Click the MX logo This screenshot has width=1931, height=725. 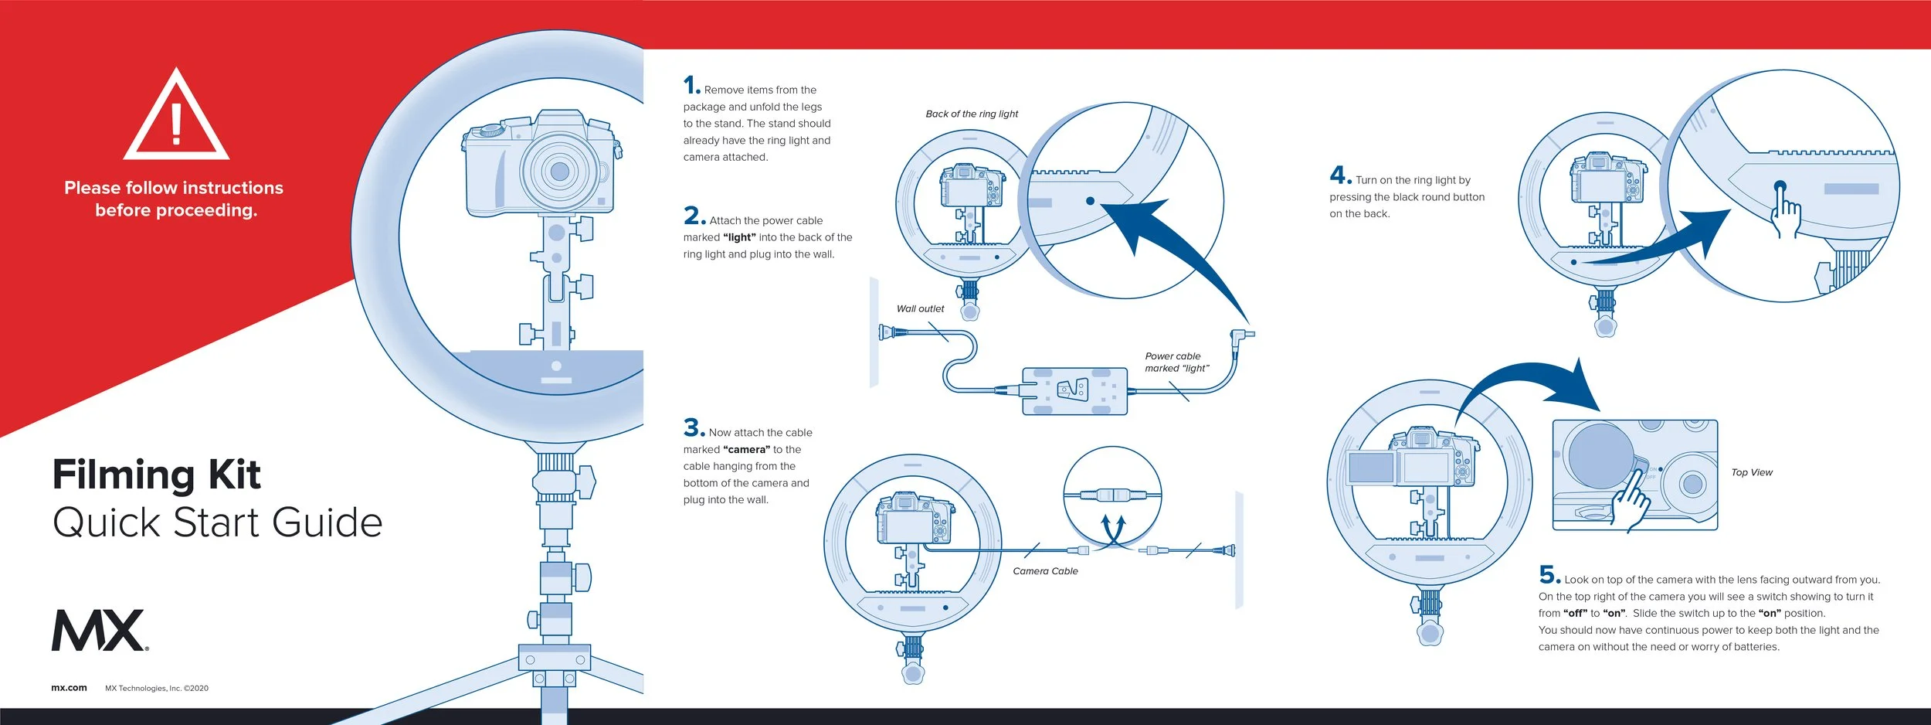point(100,630)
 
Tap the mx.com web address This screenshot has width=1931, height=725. point(69,688)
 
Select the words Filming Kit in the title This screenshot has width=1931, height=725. point(157,475)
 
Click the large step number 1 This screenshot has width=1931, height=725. point(691,84)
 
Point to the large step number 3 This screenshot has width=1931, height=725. point(694,427)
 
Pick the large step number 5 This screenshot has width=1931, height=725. point(1549,574)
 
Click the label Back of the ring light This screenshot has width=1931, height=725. point(972,114)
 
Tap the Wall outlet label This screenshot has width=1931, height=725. point(920,308)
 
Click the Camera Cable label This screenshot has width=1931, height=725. point(1045,571)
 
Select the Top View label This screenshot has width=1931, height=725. point(1752,472)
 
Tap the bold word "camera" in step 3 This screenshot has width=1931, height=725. point(746,450)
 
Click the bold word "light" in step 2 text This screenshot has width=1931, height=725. point(739,237)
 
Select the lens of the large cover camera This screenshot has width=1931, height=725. point(559,171)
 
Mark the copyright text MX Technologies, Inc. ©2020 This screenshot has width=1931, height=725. point(157,688)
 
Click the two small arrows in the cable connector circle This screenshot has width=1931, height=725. point(1112,530)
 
